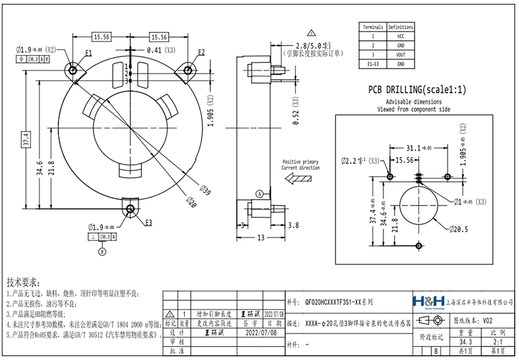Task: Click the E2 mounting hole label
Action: (202, 52)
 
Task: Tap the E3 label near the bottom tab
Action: (149, 222)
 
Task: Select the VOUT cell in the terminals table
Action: (400, 55)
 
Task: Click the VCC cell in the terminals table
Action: (400, 37)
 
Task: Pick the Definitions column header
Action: (400, 28)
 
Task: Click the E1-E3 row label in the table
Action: (373, 64)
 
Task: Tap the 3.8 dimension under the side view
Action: (293, 225)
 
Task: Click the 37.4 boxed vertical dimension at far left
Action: (26, 139)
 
